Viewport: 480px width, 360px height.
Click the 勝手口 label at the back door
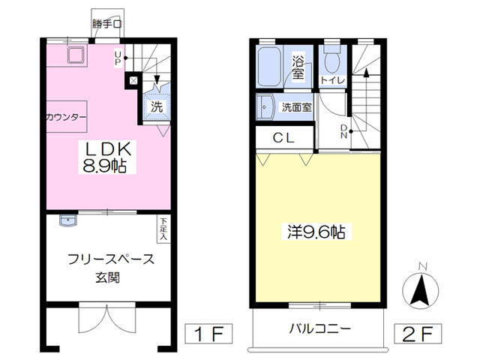[x=106, y=24]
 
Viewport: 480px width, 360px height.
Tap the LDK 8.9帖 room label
[x=106, y=157]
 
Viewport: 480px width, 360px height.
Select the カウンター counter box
[x=67, y=117]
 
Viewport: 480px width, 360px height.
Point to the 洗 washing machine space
[x=157, y=106]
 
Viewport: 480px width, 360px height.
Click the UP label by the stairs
[x=118, y=58]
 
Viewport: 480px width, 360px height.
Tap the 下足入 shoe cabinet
[x=163, y=229]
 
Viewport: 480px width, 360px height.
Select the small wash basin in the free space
[x=68, y=220]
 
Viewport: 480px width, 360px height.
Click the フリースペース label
[x=111, y=259]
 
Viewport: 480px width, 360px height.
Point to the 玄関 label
[x=108, y=277]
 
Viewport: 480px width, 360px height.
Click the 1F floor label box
[x=208, y=333]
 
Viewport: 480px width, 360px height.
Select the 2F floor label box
[x=418, y=333]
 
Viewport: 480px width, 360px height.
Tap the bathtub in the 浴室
[x=269, y=67]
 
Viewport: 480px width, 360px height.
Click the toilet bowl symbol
[x=332, y=60]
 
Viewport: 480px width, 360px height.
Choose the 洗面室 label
[x=297, y=107]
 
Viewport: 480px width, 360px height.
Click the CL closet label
[x=283, y=138]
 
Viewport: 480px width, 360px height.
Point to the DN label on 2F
[x=344, y=131]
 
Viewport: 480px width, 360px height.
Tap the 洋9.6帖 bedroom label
[x=316, y=232]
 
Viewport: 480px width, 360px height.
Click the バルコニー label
[x=320, y=328]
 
